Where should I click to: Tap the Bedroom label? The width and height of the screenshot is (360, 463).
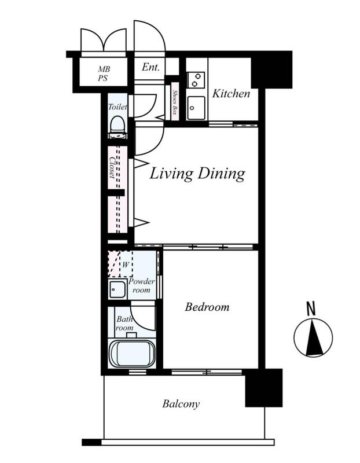(x=207, y=307)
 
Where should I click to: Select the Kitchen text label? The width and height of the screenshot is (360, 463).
(x=231, y=94)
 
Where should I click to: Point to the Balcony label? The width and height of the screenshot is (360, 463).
(x=181, y=403)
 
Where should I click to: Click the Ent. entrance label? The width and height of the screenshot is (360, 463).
(x=150, y=67)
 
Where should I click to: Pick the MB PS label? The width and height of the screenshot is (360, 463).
(x=104, y=74)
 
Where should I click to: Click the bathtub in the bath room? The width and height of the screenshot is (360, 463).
(x=132, y=354)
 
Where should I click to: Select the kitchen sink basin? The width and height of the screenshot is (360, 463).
(x=196, y=108)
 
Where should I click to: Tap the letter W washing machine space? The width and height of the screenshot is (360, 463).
(x=126, y=265)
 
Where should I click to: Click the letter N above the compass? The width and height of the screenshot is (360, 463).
(x=311, y=308)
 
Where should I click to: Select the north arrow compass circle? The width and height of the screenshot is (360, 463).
(x=313, y=337)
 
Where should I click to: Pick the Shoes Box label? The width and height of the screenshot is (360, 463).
(x=175, y=102)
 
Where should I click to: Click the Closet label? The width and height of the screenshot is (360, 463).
(x=112, y=168)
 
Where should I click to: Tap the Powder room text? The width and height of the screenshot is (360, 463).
(x=142, y=285)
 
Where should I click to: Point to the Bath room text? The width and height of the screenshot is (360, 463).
(x=124, y=324)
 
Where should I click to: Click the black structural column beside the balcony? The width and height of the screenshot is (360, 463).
(x=264, y=388)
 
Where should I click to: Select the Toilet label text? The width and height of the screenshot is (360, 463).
(x=118, y=106)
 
